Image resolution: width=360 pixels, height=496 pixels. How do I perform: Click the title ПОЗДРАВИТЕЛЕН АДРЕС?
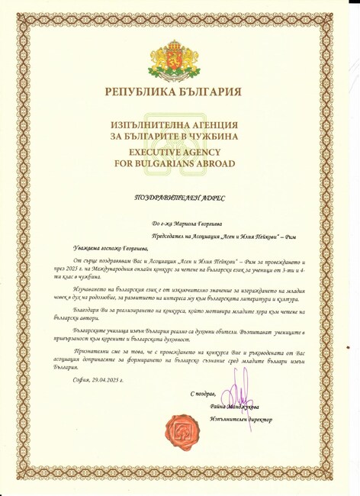tap(181, 198)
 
